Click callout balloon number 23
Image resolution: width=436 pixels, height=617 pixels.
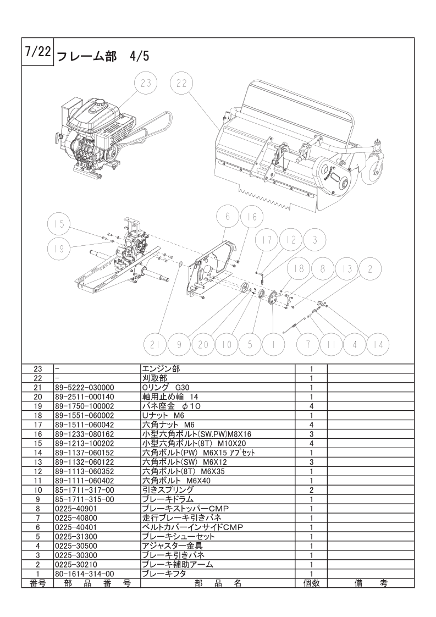(x=146, y=84)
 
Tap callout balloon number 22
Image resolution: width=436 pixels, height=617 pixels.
(x=181, y=84)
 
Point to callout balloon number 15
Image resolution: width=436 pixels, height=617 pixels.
(x=59, y=224)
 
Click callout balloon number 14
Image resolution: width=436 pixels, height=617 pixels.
(x=378, y=345)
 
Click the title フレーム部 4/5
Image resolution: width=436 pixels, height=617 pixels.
(x=103, y=57)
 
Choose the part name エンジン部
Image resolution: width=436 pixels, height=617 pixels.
(x=161, y=368)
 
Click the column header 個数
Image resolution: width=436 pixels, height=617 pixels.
(x=311, y=583)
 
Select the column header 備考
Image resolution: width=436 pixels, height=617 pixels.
(x=371, y=583)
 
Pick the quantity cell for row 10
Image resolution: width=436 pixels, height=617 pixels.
(x=311, y=490)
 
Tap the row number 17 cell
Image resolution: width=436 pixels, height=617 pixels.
(x=38, y=425)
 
